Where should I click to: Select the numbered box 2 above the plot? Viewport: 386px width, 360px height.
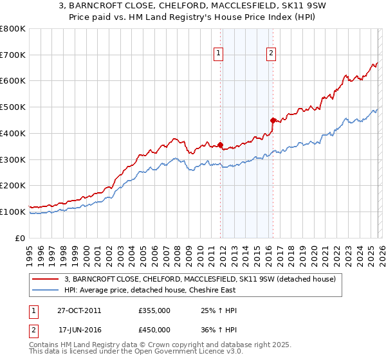271,53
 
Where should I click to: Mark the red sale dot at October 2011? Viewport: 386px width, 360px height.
221,145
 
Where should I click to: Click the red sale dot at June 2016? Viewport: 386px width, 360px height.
273,120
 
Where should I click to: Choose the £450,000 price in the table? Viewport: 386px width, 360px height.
154,330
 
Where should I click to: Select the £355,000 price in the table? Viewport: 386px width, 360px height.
154,310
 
